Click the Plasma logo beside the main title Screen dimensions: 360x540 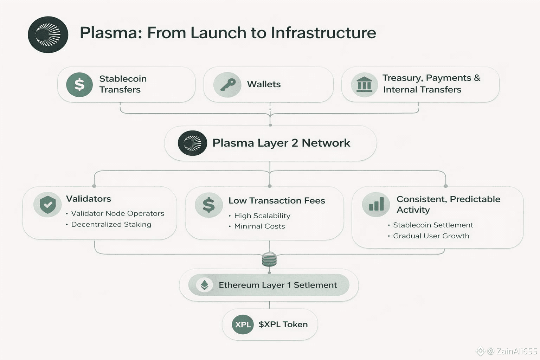[48, 34]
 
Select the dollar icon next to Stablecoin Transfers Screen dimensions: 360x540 [79, 85]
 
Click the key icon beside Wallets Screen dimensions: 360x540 [227, 85]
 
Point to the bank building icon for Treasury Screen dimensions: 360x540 [364, 85]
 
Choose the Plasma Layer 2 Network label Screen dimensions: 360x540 [281, 143]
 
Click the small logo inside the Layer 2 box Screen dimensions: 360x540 [192, 143]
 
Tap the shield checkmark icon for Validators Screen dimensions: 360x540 [48, 204]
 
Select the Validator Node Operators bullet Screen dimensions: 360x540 [117, 213]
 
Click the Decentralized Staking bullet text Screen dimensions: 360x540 [111, 224]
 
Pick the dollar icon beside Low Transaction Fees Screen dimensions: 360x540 [208, 205]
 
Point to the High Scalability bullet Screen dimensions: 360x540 [262, 216]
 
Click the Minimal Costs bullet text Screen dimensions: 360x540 [259, 226]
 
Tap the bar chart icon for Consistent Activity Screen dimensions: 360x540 [376, 204]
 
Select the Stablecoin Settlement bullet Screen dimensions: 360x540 [433, 225]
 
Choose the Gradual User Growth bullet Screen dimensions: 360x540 [431, 236]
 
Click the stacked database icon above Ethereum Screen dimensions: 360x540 [269, 260]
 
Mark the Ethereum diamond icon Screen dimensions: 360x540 [204, 285]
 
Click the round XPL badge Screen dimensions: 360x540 [243, 324]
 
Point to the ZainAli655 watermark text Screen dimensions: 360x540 [516, 351]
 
